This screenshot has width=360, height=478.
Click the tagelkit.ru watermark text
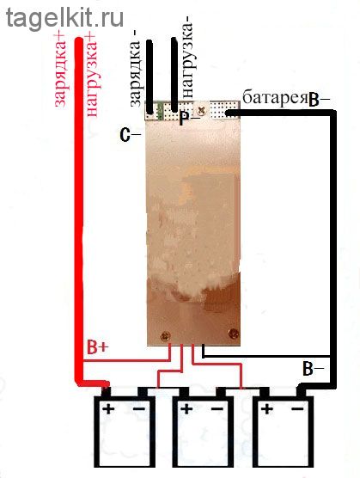coord(64,18)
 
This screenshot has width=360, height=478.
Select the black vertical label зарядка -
coord(135,73)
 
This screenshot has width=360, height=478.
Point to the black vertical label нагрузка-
coord(186,60)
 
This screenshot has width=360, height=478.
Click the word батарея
coord(274,97)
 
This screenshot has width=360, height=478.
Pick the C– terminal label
coord(131,135)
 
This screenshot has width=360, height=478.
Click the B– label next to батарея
coord(319,101)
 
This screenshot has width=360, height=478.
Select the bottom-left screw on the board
coord(166,336)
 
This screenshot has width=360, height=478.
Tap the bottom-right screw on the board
coord(234,334)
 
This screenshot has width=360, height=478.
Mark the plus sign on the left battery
coord(108,408)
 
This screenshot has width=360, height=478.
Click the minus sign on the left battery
coord(139,408)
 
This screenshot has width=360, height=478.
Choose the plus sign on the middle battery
coord(186,408)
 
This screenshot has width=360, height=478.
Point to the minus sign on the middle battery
coord(217,408)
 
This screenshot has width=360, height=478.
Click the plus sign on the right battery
coord(267,408)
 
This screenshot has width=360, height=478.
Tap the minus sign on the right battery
coord(297,408)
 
